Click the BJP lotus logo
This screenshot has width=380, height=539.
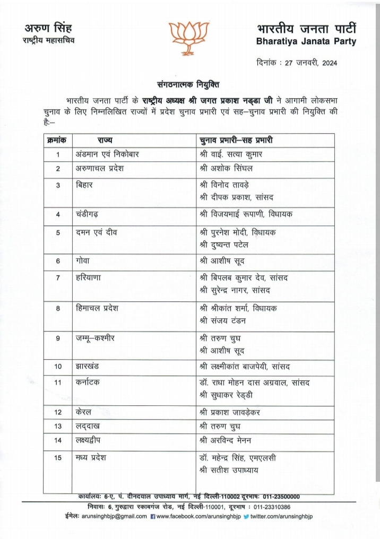coord(189,37)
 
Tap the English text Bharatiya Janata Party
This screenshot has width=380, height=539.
coord(306,41)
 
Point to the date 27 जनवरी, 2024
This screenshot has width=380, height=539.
coord(310,63)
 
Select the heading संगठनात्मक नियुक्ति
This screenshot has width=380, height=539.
coord(188,84)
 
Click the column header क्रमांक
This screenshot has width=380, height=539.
coord(57,140)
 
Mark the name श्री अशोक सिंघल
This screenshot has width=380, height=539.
coord(227,168)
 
